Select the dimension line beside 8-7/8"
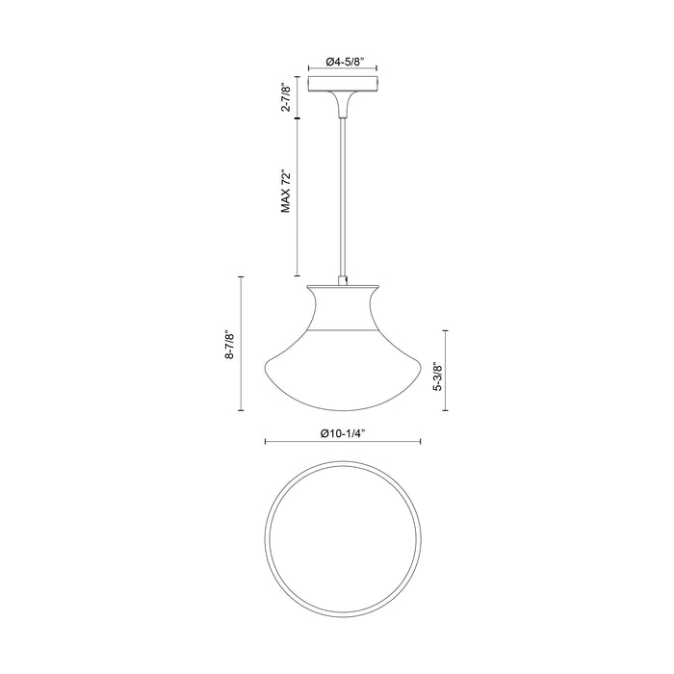pos(240,344)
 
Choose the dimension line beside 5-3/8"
pos(444,370)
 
